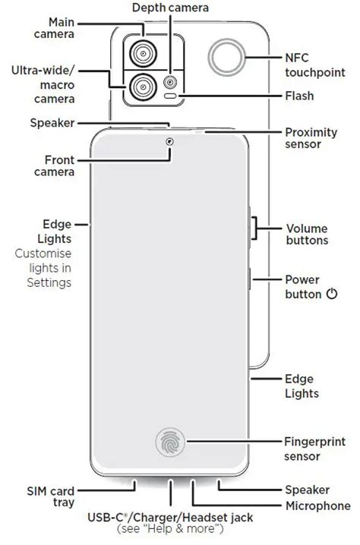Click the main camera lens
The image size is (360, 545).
[x=143, y=54]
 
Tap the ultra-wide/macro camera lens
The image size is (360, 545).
[x=143, y=87]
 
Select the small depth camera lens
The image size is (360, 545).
[x=170, y=83]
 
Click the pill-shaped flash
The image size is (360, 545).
[x=170, y=96]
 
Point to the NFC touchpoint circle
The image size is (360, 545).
[x=227, y=58]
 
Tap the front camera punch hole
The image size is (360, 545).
[x=169, y=141]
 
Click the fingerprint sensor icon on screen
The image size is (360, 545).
[x=170, y=442]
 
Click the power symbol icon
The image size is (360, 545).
[x=332, y=294]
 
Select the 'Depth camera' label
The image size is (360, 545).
[x=170, y=8]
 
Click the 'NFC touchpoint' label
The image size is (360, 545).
[x=315, y=65]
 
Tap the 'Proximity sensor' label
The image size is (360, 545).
[x=311, y=138]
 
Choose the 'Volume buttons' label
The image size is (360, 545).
[x=307, y=235]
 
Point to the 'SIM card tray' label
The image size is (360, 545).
[x=51, y=496]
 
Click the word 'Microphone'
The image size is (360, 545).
[x=318, y=506]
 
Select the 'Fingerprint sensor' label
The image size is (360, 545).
[x=314, y=449]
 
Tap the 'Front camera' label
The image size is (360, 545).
[x=54, y=165]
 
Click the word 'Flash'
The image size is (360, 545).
[x=299, y=96]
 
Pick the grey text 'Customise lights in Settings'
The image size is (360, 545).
[x=43, y=268]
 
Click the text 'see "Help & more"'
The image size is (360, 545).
[x=170, y=529]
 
